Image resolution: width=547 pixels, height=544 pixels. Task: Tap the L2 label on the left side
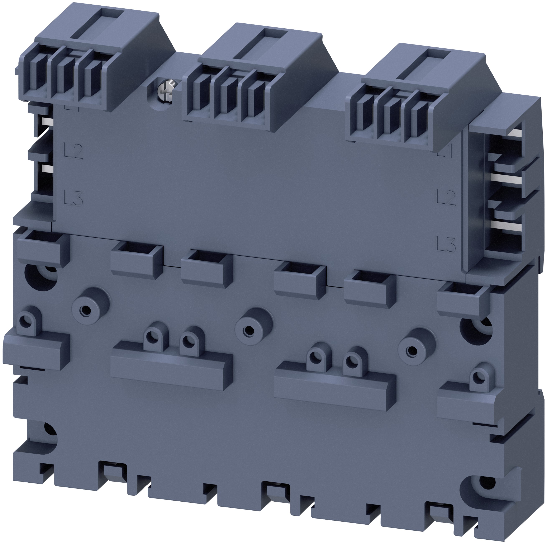[73, 152]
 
